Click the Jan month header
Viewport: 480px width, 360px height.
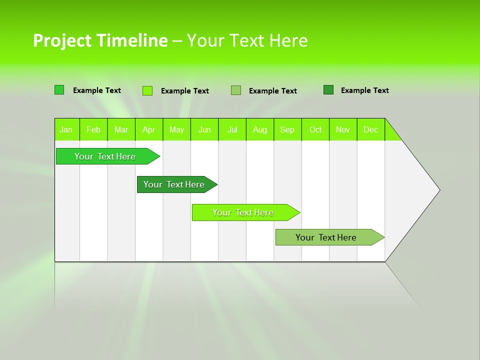pyautogui.click(x=66, y=129)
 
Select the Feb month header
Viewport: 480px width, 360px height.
pyautogui.click(x=93, y=129)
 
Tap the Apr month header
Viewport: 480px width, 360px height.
pyautogui.click(x=149, y=129)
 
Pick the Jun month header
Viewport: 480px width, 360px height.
pyautogui.click(x=204, y=129)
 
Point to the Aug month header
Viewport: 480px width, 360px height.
pyautogui.click(x=260, y=129)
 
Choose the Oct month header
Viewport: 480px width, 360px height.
pyautogui.click(x=315, y=129)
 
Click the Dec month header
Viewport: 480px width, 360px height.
pyautogui.click(x=371, y=129)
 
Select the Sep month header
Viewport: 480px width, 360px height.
pyautogui.click(x=287, y=129)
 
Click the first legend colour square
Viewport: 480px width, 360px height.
pyautogui.click(x=59, y=90)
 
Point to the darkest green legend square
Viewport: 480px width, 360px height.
pyautogui.click(x=328, y=90)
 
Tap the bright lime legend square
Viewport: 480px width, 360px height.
pyautogui.click(x=147, y=90)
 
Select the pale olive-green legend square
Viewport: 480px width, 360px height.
pyautogui.click(x=236, y=90)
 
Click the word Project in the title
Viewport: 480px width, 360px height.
pyautogui.click(x=62, y=40)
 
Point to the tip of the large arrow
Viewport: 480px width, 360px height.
pyautogui.click(x=438, y=189)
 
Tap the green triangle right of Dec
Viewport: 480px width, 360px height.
pyautogui.click(x=391, y=133)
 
